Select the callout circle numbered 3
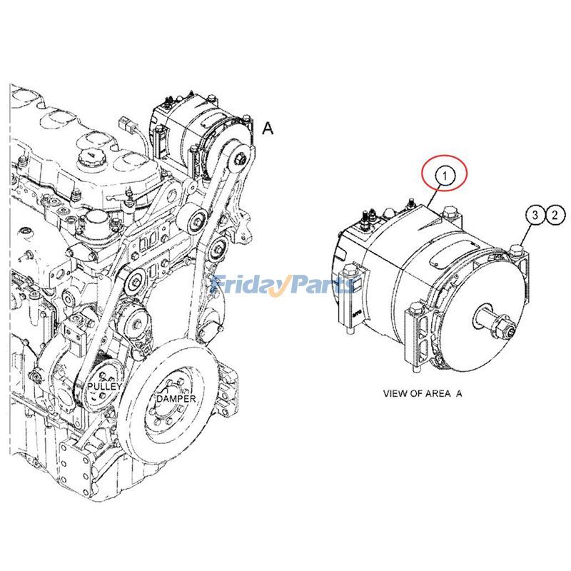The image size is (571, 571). tap(535, 213)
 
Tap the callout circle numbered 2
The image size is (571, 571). tap(555, 213)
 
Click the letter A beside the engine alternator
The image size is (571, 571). tap(268, 128)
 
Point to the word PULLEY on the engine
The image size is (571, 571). tap(106, 386)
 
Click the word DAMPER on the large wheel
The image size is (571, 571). tap(176, 398)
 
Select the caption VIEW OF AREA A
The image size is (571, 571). tap(423, 393)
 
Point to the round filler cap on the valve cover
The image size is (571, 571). tap(91, 158)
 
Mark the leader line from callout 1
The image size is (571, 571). tap(436, 194)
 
